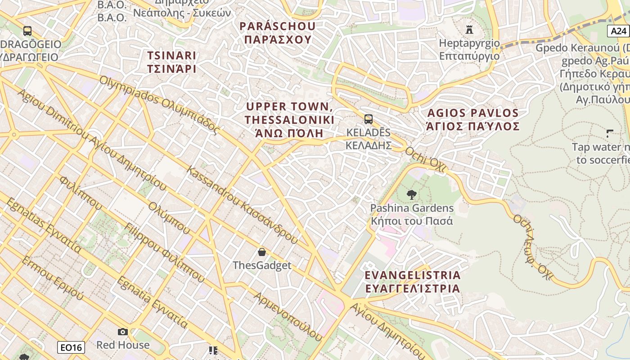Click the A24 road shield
tap(619, 31)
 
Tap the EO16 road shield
tap(71, 347)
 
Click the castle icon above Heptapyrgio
tap(469, 30)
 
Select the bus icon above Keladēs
tap(368, 119)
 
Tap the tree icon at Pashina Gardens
tap(411, 195)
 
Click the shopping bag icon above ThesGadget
tap(261, 252)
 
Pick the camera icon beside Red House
tap(122, 332)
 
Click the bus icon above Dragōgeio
tap(27, 31)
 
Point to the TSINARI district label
tap(172, 62)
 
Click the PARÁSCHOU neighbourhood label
tap(278, 33)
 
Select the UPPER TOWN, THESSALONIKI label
tap(290, 120)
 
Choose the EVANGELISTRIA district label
tap(412, 282)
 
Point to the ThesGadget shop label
tap(262, 265)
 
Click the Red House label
tap(123, 345)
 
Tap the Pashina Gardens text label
tap(412, 215)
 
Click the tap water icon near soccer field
tap(610, 133)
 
